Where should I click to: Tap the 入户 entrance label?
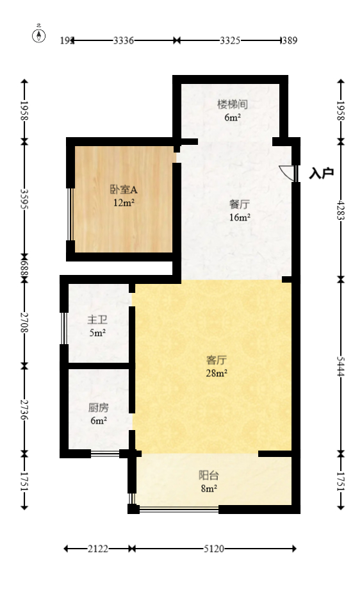coord(322,173)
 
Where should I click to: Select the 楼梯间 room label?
coord(233,104)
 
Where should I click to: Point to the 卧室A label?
coord(124,190)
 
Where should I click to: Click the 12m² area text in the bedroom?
coord(124,203)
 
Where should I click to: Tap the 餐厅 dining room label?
coord(240,204)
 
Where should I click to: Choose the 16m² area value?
coord(240,217)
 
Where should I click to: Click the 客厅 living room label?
coord(217,360)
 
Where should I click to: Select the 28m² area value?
coord(217,372)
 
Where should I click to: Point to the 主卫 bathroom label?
coord(97,320)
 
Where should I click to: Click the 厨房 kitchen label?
coord(98,407)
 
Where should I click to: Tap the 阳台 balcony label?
coord(208,475)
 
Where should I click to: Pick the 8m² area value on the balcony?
coord(208,488)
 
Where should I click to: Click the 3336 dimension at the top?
coord(123,40)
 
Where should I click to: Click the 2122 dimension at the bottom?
coord(98,549)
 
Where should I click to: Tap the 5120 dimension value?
coord(214,549)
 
